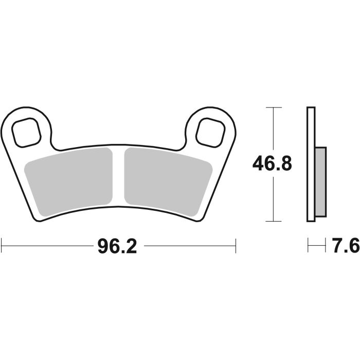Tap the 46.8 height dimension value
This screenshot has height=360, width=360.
[272, 164]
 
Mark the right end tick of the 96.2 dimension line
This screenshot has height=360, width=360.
[236, 246]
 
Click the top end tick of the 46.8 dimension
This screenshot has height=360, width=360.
[273, 107]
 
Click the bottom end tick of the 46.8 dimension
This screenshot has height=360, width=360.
[273, 222]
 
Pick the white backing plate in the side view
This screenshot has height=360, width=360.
[310, 165]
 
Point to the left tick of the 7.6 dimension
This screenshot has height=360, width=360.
[308, 246]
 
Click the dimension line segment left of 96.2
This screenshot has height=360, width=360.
[46, 246]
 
